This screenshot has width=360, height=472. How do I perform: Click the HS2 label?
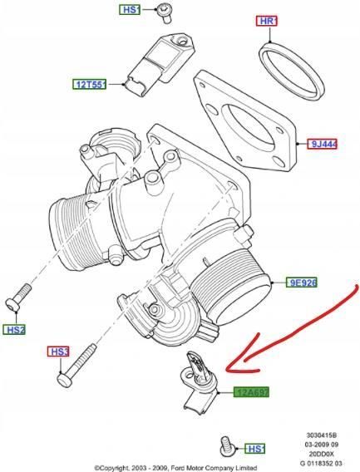point(15,330)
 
